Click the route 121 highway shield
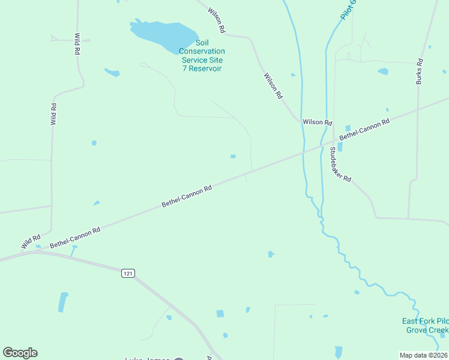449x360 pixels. pos(127,273)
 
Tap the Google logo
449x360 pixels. pos(20,353)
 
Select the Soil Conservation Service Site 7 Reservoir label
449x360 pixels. pos(202,55)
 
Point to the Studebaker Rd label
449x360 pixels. pos(340,167)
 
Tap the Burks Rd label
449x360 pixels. pos(420,71)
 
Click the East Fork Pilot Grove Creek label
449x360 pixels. pos(425,326)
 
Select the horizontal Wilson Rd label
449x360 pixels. pos(318,122)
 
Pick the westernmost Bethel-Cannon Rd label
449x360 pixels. pos(75,237)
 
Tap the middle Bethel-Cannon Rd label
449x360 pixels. pos(187,196)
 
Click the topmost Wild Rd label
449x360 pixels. pos(77,44)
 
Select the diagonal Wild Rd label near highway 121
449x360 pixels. pos(30,241)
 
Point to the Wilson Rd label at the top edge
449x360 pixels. pos(216,20)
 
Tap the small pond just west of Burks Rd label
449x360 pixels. pos(383,71)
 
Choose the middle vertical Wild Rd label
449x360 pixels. pos(53,114)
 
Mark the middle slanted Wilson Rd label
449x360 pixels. pos(273,85)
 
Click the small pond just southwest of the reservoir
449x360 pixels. pos(112,73)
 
